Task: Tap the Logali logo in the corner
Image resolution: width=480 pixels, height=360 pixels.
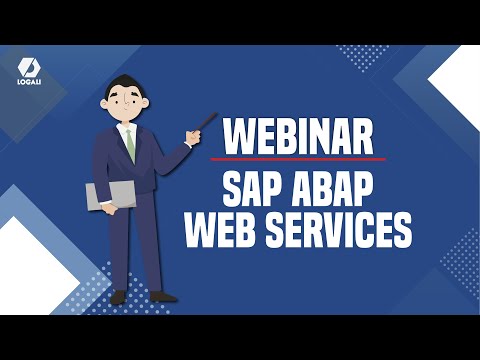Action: pyautogui.click(x=28, y=69)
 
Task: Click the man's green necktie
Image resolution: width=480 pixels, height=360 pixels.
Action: pyautogui.click(x=130, y=143)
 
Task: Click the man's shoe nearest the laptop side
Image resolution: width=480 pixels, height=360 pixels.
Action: pyautogui.click(x=118, y=297)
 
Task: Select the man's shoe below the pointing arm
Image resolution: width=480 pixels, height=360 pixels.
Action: pyautogui.click(x=161, y=296)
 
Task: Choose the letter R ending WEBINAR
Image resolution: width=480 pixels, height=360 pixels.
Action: pyautogui.click(x=364, y=136)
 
